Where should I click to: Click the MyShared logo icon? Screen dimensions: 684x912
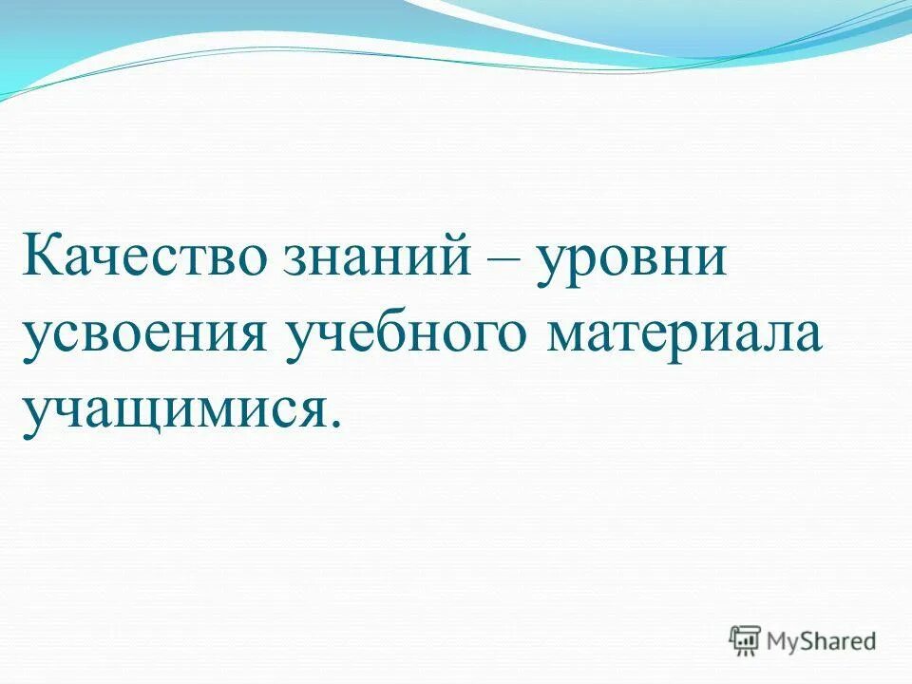[745, 641]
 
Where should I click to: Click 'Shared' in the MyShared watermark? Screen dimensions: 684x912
[842, 642]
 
